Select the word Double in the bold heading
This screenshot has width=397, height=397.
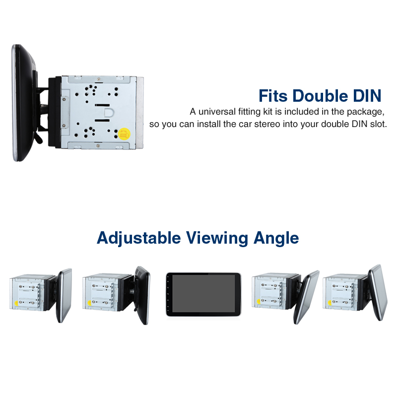(x=326, y=95)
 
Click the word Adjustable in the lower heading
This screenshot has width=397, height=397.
(x=138, y=238)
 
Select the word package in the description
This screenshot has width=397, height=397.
(x=366, y=111)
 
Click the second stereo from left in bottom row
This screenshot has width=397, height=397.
(x=116, y=295)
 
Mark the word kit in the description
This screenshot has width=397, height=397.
(x=271, y=111)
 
